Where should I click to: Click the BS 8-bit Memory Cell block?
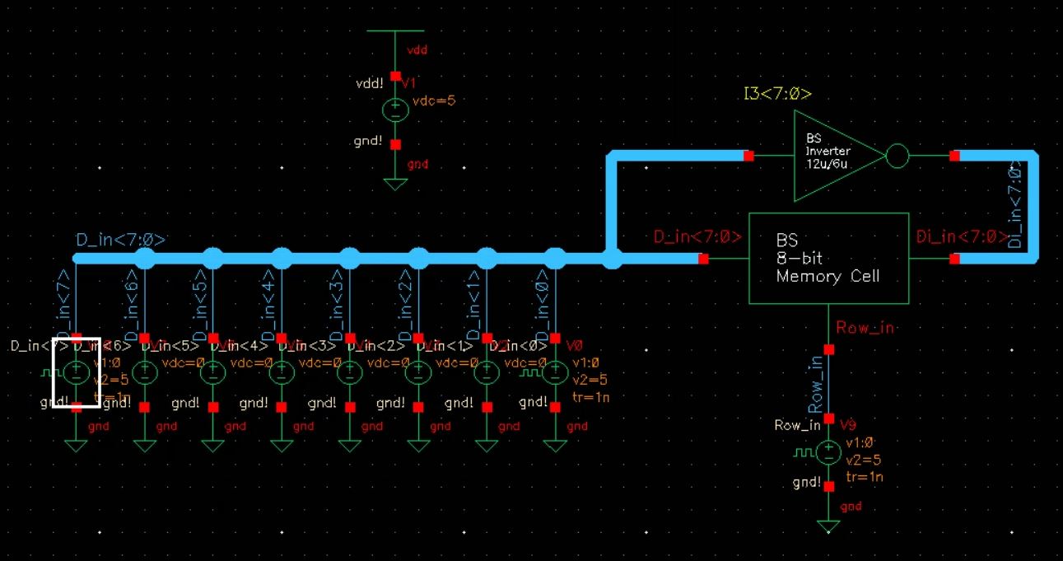[828, 258]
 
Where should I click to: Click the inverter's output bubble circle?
[897, 156]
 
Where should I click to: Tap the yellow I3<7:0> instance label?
[777, 94]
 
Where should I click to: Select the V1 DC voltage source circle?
[395, 110]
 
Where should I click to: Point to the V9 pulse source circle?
[828, 451]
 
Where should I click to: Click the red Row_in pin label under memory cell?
[865, 328]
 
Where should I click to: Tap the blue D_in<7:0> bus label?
[121, 240]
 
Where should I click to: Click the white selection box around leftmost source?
[76, 372]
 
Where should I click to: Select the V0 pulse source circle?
[556, 372]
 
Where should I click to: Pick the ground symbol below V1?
[395, 183]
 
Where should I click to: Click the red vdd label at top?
[417, 50]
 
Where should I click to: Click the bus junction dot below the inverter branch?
[612, 259]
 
